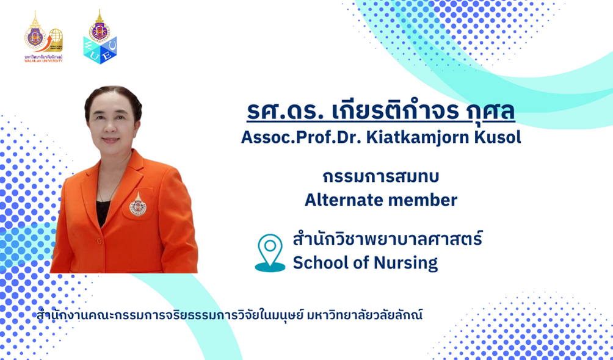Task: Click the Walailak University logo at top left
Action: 43,37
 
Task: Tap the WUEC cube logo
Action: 100,37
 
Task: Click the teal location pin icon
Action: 270,253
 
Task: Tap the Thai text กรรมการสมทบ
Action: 381,177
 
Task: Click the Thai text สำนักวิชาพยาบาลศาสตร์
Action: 388,239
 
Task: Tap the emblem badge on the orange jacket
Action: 137,203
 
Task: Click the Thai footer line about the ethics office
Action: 230,315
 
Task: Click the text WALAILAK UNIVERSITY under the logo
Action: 43,60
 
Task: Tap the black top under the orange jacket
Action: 103,213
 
